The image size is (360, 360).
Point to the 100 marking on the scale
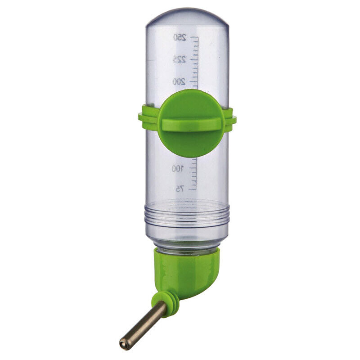[178, 169]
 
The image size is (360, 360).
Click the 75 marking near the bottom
[180, 189]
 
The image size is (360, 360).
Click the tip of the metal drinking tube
[123, 344]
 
